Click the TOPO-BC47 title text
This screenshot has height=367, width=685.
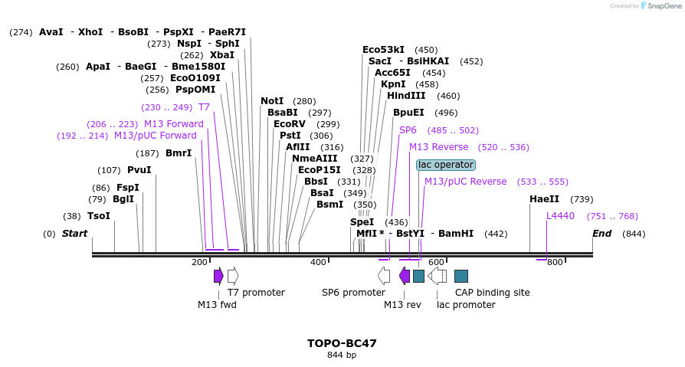[342, 343]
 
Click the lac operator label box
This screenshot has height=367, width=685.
[446, 165]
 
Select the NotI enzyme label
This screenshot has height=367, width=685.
[272, 101]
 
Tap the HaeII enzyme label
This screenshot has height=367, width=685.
[543, 199]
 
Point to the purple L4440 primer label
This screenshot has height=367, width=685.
[560, 216]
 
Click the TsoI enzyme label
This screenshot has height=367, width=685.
[99, 216]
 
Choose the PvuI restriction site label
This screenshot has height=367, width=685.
[139, 170]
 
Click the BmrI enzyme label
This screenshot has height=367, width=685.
[179, 153]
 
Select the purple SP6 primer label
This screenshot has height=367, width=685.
[408, 130]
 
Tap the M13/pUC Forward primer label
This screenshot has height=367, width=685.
[156, 136]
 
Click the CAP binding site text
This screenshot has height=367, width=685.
[492, 292]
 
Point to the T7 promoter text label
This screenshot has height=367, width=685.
[256, 292]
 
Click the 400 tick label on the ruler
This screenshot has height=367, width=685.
[318, 262]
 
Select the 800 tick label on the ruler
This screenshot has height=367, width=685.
[555, 262]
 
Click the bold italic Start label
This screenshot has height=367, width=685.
[74, 234]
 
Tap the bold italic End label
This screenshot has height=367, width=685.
[601, 234]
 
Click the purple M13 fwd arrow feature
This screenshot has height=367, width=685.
[218, 276]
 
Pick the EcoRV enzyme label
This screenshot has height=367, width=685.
[290, 124]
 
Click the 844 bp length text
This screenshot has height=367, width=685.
[342, 355]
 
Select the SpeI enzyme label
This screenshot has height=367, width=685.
[362, 222]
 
